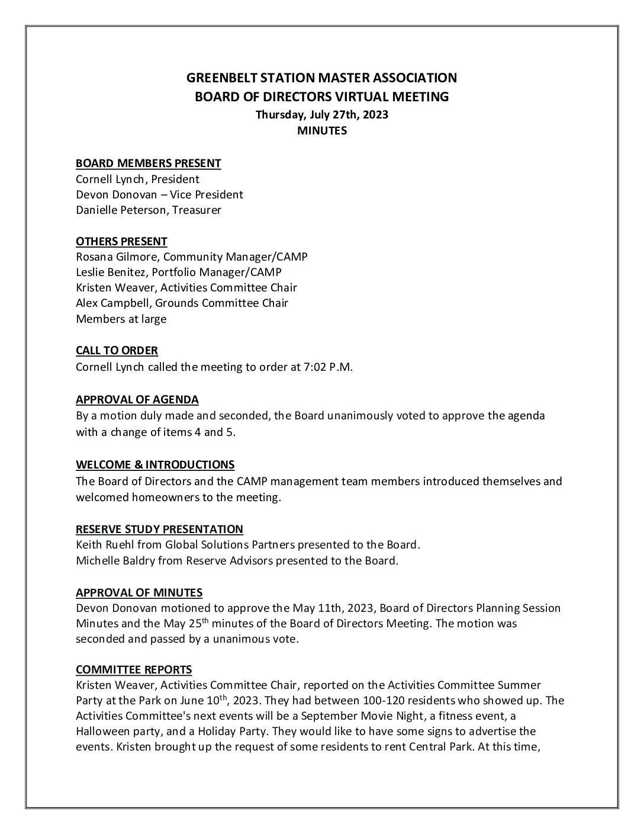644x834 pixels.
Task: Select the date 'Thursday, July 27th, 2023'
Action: click(x=321, y=114)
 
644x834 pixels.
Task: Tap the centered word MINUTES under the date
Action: click(x=321, y=131)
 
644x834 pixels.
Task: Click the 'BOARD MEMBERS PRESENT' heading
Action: click(x=148, y=163)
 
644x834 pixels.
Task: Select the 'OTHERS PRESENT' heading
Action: click(x=121, y=241)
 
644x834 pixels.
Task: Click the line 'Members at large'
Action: click(x=121, y=319)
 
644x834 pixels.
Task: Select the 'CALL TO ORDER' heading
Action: click(x=117, y=351)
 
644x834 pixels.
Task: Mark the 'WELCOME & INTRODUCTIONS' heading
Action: click(x=155, y=464)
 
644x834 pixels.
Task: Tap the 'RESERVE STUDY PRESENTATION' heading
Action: click(x=159, y=529)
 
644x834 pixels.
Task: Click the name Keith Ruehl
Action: click(x=103, y=544)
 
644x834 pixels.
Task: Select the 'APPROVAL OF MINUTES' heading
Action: click(x=139, y=592)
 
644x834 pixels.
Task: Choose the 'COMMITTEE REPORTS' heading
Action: click(x=134, y=669)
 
